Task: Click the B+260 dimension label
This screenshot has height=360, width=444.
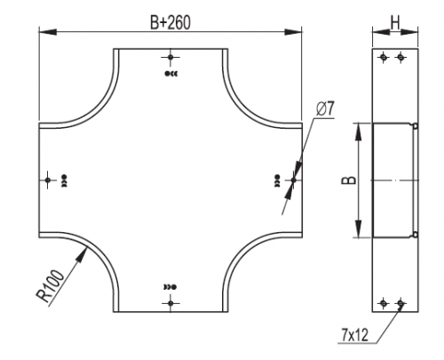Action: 170,22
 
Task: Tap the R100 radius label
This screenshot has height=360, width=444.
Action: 50,286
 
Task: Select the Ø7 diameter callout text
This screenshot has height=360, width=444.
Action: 325,109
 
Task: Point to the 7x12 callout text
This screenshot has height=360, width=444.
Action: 354,335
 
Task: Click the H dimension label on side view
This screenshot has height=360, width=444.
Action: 395,22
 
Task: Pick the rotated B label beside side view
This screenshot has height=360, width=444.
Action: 349,180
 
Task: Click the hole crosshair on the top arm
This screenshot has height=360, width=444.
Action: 170,57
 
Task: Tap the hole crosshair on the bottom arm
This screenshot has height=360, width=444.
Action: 170,303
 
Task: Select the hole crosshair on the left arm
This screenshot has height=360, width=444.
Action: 48,180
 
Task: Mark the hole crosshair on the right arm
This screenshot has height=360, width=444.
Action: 294,180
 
